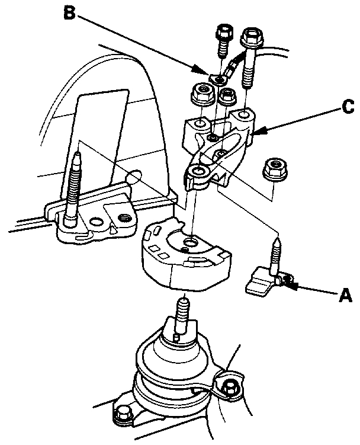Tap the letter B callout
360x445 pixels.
70,12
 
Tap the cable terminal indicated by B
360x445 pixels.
220,78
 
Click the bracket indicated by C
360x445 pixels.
217,148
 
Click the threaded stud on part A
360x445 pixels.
276,255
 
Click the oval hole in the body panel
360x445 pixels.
134,176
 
